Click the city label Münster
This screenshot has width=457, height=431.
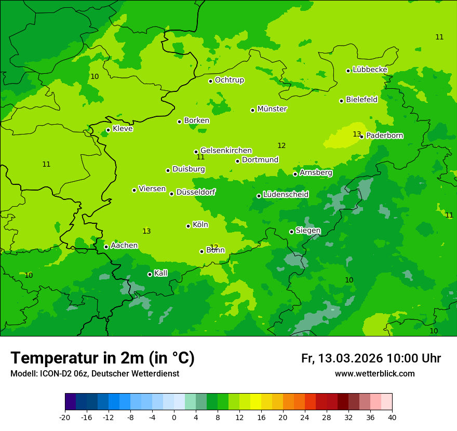pos(272,109)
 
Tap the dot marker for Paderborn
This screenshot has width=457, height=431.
pos(362,137)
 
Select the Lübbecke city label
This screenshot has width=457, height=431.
pos(370,70)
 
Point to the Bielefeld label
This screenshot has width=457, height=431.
pos(361,100)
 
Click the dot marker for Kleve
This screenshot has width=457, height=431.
pos(108,130)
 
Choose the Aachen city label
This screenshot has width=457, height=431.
pos(124,246)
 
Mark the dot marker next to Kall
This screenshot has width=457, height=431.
pos(150,274)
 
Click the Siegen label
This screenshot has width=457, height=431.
pos(308,231)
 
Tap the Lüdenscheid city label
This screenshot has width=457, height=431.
pos(286,195)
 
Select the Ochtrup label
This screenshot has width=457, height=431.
pos(229,80)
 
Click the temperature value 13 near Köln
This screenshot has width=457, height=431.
pos(146,231)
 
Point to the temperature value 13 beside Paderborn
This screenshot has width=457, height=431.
pos(357,134)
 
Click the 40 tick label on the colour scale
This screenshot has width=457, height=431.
pos(392,417)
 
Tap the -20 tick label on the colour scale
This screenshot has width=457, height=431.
pos(65,417)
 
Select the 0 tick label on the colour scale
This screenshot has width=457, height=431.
pos(174,417)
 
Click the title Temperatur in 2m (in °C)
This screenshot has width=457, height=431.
pos(102,358)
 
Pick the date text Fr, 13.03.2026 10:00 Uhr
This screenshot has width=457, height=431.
pos(371,358)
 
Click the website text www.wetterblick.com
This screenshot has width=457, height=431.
pos(374,374)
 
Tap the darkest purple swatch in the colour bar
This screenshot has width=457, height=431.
pos(71,402)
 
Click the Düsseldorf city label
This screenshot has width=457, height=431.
pos(196,192)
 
